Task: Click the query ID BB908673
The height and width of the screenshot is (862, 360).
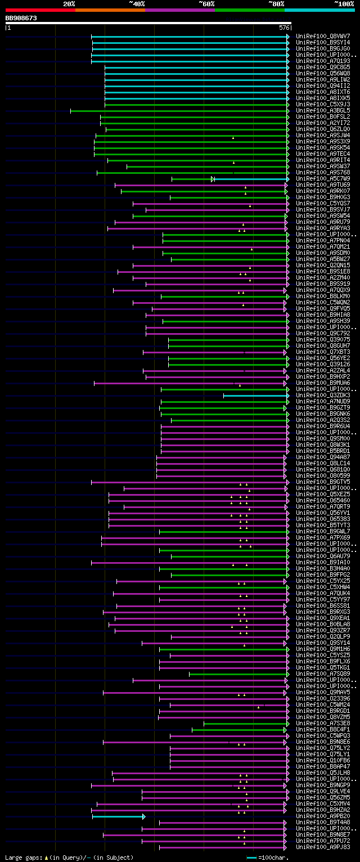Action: pyautogui.click(x=21, y=18)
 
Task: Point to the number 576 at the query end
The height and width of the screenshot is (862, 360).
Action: pyautogui.click(x=284, y=27)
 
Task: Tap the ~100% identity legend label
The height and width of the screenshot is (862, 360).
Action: pyautogui.click(x=344, y=3)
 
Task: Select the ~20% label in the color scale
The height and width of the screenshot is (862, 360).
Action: pyautogui.click(x=69, y=3)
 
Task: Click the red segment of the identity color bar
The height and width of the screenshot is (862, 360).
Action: pyautogui.click(x=40, y=10)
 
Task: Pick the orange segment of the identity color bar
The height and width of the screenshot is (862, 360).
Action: pyautogui.click(x=110, y=10)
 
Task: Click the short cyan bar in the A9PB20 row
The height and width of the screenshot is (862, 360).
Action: pyautogui.click(x=118, y=816)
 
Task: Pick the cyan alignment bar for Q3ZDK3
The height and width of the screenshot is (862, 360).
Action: pyautogui.click(x=255, y=396)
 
